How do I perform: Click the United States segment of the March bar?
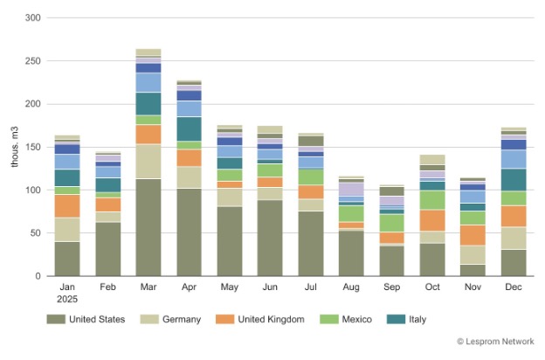148,227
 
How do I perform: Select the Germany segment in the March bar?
148,162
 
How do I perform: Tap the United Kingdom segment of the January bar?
67,205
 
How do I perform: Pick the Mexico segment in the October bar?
432,200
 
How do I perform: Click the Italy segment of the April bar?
189,129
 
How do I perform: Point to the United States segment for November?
473,270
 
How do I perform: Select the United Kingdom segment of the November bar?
473,235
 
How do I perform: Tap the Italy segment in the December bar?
514,180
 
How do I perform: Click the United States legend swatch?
57,320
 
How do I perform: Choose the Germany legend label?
181,320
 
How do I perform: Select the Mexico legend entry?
357,320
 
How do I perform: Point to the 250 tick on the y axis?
31,60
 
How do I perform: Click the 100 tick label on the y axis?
31,190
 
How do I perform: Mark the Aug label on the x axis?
351,287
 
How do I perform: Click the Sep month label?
391,287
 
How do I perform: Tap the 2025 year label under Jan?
67,298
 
